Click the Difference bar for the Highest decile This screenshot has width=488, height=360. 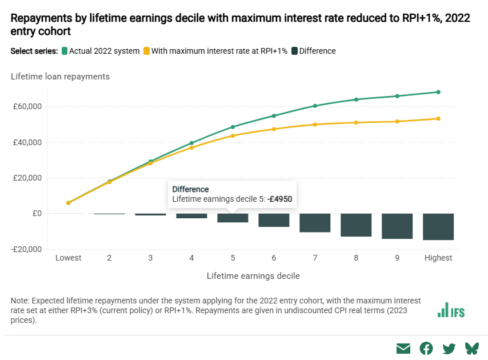pyautogui.click(x=438, y=226)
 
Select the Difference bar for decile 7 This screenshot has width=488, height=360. pyautogui.click(x=315, y=223)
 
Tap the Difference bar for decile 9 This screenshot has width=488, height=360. pyautogui.click(x=397, y=226)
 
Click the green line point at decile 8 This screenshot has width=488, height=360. pyautogui.click(x=356, y=99)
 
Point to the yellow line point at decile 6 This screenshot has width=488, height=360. pyautogui.click(x=274, y=129)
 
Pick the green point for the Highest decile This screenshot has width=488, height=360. pyautogui.click(x=438, y=92)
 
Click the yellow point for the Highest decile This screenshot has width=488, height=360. pyautogui.click(x=438, y=119)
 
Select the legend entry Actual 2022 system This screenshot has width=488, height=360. pyautogui.click(x=101, y=51)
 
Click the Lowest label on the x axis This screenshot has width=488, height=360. pyautogui.click(x=68, y=258)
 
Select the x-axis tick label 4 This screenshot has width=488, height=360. pyautogui.click(x=191, y=258)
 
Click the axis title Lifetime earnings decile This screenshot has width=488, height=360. pyautogui.click(x=253, y=275)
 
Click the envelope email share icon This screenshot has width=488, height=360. pyautogui.click(x=403, y=348)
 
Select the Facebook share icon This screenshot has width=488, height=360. pyautogui.click(x=426, y=348)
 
